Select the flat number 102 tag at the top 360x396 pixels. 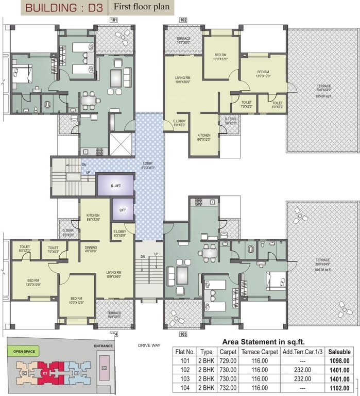click(183, 20)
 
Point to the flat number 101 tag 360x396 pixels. click(114, 20)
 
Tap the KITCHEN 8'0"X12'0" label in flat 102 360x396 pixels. click(204, 137)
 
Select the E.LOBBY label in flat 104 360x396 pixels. click(119, 233)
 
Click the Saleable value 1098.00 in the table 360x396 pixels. click(340, 360)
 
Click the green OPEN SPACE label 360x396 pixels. click(25, 351)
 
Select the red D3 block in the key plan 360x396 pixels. click(46, 372)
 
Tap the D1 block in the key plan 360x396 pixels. click(104, 368)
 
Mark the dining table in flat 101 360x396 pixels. click(90, 100)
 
